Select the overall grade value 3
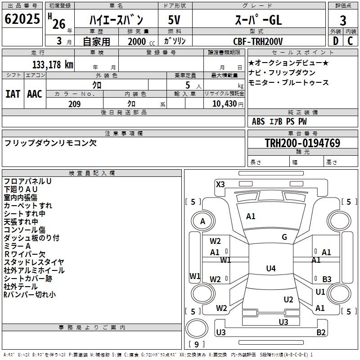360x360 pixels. point(343,21)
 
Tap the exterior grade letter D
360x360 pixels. point(335,40)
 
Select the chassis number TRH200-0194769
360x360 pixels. point(302,143)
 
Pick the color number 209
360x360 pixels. point(74,104)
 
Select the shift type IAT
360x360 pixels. point(13,94)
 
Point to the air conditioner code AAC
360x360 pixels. point(35,94)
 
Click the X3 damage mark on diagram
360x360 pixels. point(220,184)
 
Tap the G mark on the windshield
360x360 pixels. point(284,237)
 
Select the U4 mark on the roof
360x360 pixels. point(270,269)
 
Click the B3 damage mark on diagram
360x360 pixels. point(327,279)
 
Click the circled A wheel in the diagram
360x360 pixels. point(202,221)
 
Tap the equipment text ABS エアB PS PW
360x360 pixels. point(273,121)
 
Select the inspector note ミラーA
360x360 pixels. point(17,246)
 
